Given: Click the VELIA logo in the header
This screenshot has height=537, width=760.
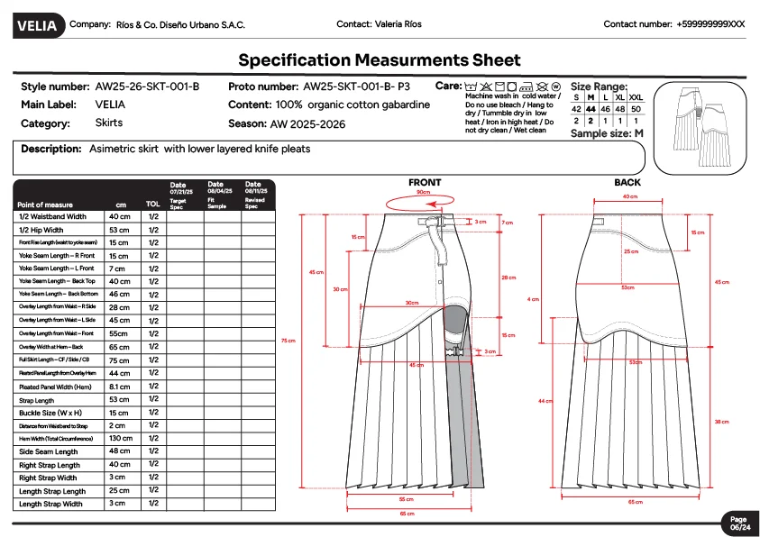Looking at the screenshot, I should click(37, 25).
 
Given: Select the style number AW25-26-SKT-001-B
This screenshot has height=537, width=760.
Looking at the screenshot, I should click(147, 87).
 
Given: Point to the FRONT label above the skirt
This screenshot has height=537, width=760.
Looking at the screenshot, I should click(425, 183).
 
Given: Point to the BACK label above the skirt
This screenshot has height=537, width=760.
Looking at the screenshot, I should click(627, 183).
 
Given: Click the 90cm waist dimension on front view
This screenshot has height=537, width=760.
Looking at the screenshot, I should click(422, 193).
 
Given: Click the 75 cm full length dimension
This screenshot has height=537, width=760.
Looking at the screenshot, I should click(288, 341).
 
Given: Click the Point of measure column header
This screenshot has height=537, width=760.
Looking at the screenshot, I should click(45, 205).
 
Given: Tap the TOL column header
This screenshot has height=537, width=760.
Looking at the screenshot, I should click(153, 205).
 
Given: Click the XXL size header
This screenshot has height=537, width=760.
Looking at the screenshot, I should click(636, 96).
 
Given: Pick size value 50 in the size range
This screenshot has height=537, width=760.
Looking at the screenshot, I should click(636, 108).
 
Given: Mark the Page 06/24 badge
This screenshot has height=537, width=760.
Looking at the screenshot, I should click(738, 523).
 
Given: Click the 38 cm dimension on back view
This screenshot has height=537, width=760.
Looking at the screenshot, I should click(721, 422).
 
